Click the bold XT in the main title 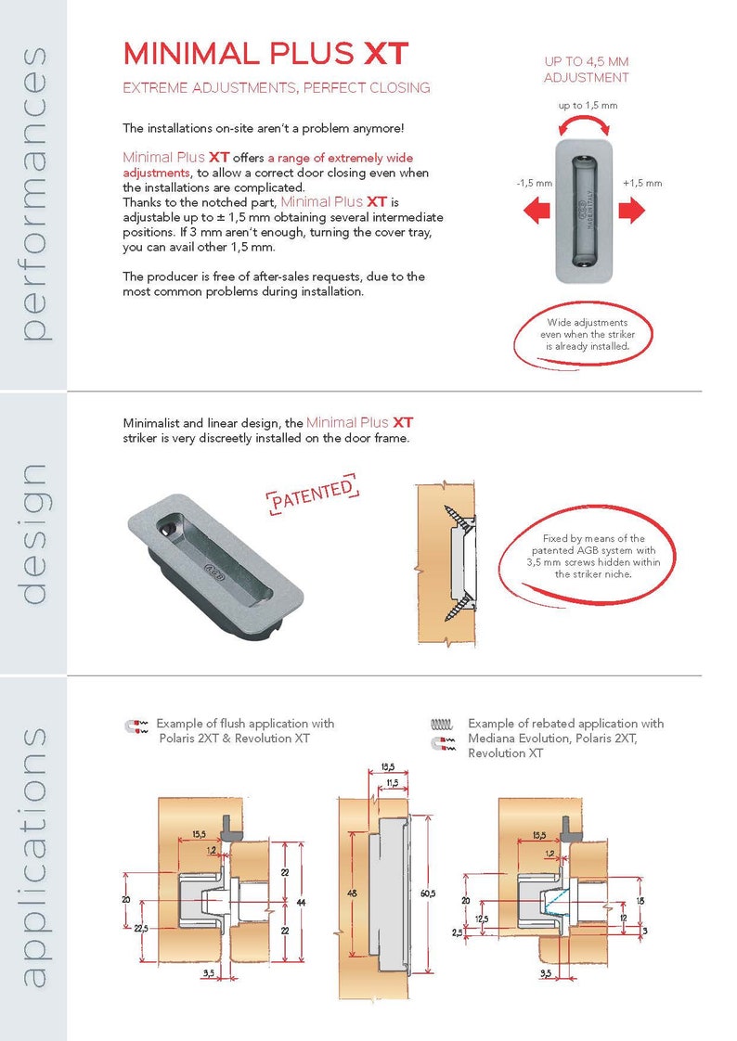385,54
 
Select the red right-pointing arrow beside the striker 631,212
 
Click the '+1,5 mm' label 642,184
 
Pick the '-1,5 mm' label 533,184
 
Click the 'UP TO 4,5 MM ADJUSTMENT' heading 586,70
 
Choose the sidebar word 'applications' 33,855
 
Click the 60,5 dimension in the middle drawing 428,893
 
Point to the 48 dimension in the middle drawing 353,893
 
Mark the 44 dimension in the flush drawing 301,902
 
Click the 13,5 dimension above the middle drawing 389,767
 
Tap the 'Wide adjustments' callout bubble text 587,335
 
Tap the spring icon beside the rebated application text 442,724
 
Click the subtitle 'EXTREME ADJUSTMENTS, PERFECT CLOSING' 277,88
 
